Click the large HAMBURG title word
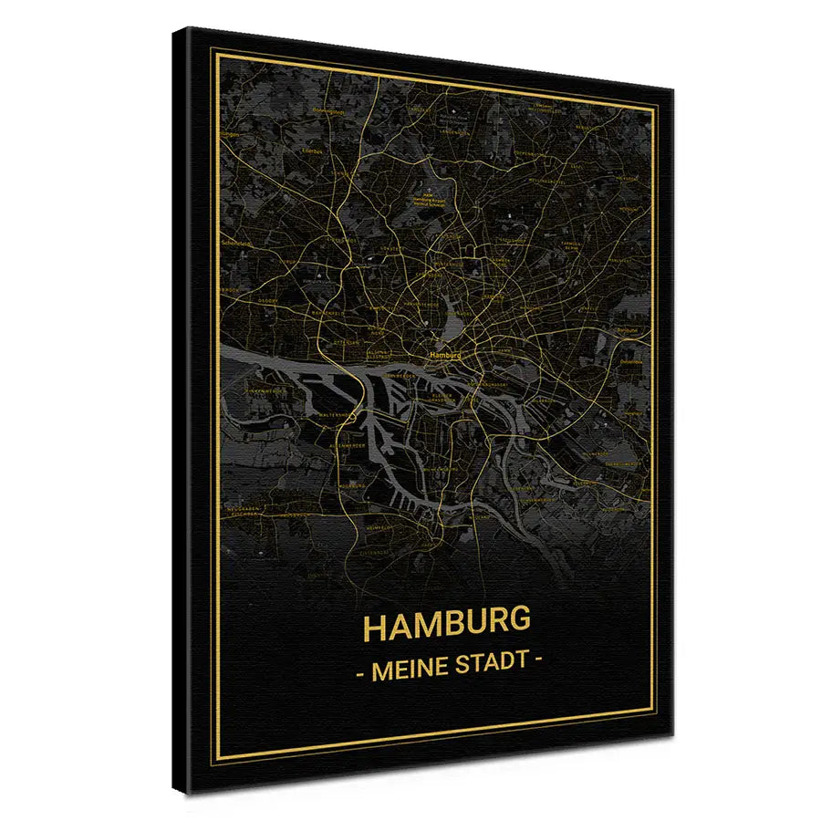(447, 626)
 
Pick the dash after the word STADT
(538, 660)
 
